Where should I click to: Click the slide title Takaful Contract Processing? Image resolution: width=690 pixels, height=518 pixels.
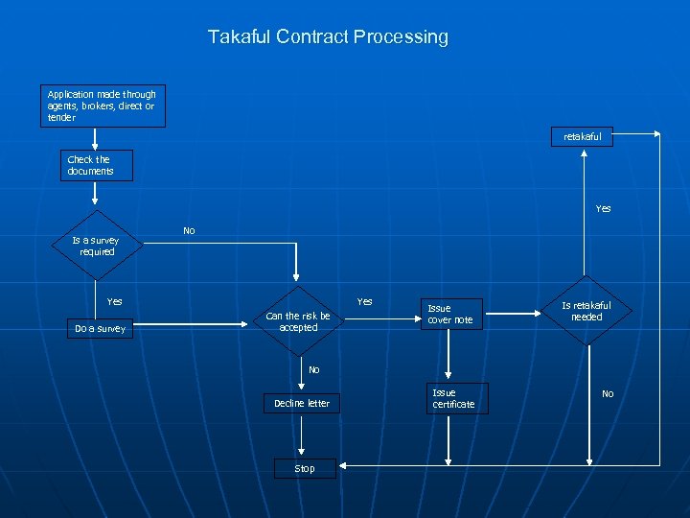click(328, 37)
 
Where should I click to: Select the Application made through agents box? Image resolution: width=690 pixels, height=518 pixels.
click(102, 106)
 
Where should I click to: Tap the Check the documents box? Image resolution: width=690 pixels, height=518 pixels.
click(95, 165)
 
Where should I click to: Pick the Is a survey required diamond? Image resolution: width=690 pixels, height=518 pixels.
click(96, 246)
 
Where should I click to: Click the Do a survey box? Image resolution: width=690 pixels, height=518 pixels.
click(100, 328)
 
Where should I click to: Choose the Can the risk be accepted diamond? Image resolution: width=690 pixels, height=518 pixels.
click(298, 321)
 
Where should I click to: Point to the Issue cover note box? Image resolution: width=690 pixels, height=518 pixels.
click(449, 315)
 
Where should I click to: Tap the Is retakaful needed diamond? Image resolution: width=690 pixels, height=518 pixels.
click(586, 311)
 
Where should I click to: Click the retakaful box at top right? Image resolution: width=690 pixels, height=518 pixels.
click(583, 136)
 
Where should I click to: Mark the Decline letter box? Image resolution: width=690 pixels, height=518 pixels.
click(301, 403)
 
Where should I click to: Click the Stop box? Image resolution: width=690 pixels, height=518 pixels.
click(304, 468)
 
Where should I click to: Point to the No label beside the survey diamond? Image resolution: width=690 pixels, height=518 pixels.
click(189, 231)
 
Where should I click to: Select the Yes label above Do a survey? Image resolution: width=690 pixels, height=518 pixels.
click(115, 301)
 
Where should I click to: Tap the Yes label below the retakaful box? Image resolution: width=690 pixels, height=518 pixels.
click(603, 208)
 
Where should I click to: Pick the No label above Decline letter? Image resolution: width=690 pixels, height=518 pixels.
click(313, 369)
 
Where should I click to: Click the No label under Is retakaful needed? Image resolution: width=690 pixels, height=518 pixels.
click(608, 394)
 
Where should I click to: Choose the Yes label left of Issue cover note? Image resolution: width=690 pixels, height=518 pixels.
click(364, 301)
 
